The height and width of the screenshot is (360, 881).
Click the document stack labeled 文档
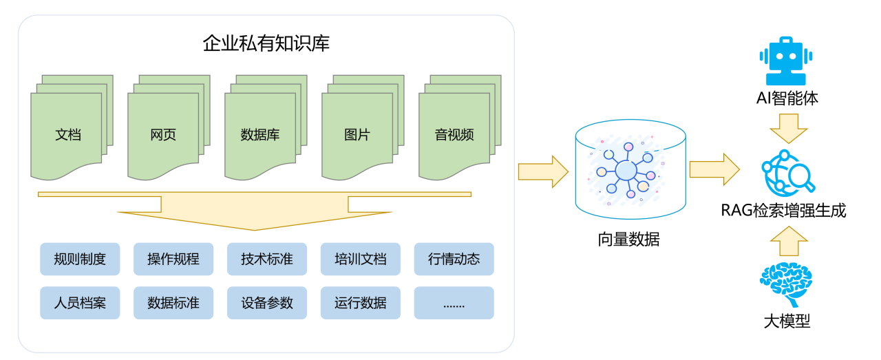coord(67,135)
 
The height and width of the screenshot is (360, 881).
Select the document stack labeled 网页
coord(164,135)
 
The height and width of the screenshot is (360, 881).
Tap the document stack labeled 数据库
coord(260,135)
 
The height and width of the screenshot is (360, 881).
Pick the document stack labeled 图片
coord(357,135)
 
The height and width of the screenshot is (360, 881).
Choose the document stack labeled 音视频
coord(454,135)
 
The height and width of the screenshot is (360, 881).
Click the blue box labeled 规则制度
coord(80,259)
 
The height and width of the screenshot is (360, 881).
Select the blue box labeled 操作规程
coord(173,259)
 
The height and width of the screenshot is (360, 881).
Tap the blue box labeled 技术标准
coord(267,259)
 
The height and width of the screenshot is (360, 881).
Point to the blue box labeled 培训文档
coord(361,259)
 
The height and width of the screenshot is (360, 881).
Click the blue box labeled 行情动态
coord(454,259)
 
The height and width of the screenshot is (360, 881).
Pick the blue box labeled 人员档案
coord(80,303)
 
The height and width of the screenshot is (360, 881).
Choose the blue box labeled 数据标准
coord(173,303)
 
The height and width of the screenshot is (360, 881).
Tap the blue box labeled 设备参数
coord(267,303)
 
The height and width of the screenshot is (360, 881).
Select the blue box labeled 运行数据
coord(361,303)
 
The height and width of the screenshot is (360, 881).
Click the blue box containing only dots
coord(454,303)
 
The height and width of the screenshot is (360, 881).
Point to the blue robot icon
coord(786,63)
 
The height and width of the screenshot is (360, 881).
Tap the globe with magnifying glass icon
coord(788,171)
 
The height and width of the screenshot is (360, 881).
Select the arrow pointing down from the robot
coord(788,128)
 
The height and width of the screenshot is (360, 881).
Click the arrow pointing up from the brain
coord(788,240)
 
